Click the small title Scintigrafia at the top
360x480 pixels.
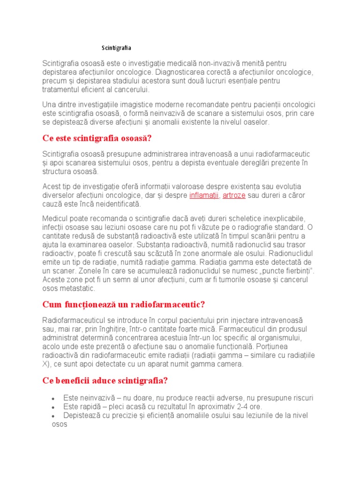point(117,48)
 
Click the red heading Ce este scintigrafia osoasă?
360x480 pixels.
point(97,139)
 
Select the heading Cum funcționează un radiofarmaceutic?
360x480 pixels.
point(124,305)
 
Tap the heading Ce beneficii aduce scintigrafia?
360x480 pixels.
point(105,381)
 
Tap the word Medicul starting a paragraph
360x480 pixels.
point(55,219)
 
